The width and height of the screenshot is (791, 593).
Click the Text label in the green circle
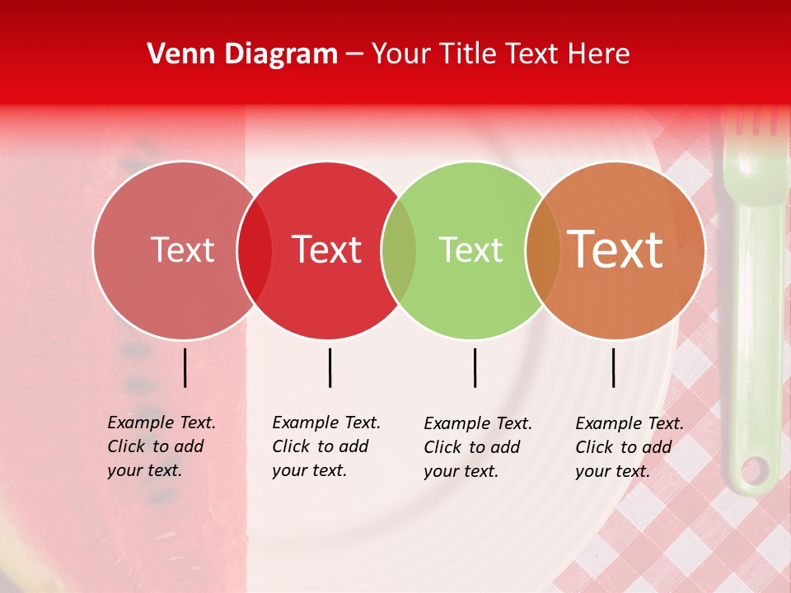tap(470, 250)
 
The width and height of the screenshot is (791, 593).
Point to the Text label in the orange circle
tap(615, 250)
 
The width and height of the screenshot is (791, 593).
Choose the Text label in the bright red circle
tap(327, 250)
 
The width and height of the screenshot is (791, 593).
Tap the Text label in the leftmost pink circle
tap(182, 250)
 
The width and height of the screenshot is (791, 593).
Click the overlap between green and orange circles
tap(543, 250)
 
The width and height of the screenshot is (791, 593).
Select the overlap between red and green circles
tap(399, 250)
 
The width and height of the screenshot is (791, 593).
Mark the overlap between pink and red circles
tap(255, 250)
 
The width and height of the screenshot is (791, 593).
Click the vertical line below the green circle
tap(475, 367)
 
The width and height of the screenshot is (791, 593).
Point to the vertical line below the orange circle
tap(614, 367)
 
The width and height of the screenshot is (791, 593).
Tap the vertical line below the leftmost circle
tap(185, 367)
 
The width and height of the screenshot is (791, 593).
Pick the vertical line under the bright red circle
tap(330, 367)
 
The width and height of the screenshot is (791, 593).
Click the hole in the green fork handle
tap(754, 471)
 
